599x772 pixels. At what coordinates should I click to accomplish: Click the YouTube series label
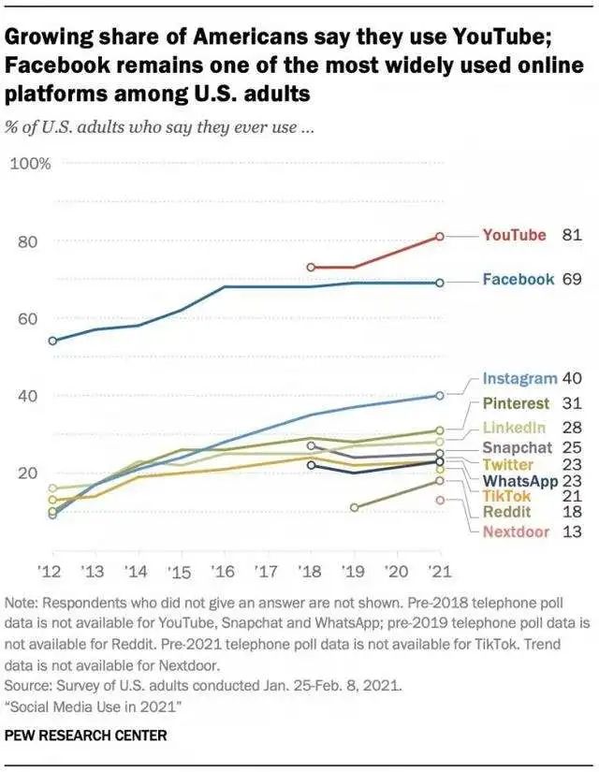point(514,235)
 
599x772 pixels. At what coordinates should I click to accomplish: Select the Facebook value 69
point(572,279)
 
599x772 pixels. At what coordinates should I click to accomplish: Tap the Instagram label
point(519,379)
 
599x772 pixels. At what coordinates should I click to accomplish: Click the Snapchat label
point(518,447)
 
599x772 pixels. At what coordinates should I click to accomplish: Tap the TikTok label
point(506,496)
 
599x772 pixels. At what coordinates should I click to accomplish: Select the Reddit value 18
point(571,512)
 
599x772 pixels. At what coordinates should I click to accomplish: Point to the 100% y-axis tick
point(31,164)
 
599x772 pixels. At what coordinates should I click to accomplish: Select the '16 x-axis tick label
point(222,571)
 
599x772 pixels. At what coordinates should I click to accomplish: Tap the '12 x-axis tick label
point(48,571)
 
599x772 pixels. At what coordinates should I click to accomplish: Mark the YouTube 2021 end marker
point(440,237)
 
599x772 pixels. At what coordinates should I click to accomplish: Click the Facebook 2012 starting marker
point(52,341)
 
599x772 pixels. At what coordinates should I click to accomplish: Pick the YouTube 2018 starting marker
point(311,268)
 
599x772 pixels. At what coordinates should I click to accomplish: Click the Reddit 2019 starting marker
point(354,507)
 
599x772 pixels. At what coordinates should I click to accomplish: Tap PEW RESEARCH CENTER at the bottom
point(85,736)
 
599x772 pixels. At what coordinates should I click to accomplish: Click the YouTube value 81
point(572,235)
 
